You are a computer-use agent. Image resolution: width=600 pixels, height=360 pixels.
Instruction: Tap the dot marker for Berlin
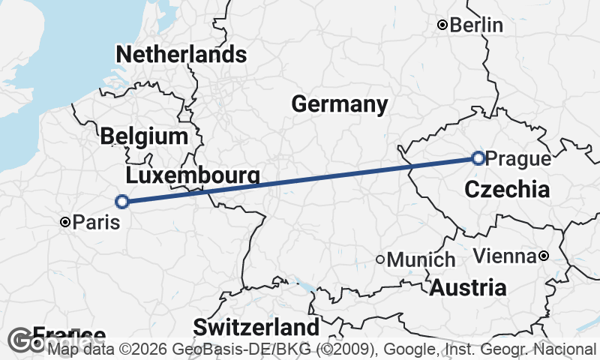[443, 25]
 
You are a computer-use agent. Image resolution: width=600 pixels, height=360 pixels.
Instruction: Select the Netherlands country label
[181, 55]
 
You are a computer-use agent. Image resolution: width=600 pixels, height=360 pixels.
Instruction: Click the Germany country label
[340, 104]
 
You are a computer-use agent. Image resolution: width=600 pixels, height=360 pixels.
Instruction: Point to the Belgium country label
[143, 136]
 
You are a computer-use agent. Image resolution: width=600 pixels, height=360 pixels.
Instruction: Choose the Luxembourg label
[193, 175]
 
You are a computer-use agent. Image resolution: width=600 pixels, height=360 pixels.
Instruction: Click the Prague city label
[518, 159]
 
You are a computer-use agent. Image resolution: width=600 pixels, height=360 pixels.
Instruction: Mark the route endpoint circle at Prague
[478, 157]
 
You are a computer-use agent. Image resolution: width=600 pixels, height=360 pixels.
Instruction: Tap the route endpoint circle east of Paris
[122, 201]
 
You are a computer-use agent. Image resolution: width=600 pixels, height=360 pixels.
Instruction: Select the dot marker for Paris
[66, 222]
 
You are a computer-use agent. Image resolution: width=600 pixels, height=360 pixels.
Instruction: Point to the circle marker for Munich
[381, 259]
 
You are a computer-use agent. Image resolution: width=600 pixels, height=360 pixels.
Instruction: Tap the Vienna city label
[505, 256]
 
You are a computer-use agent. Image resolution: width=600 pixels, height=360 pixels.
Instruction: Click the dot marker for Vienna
[544, 256]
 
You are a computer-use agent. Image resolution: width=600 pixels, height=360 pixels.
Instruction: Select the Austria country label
[467, 287]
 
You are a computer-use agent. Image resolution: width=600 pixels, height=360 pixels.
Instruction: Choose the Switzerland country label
[256, 328]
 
